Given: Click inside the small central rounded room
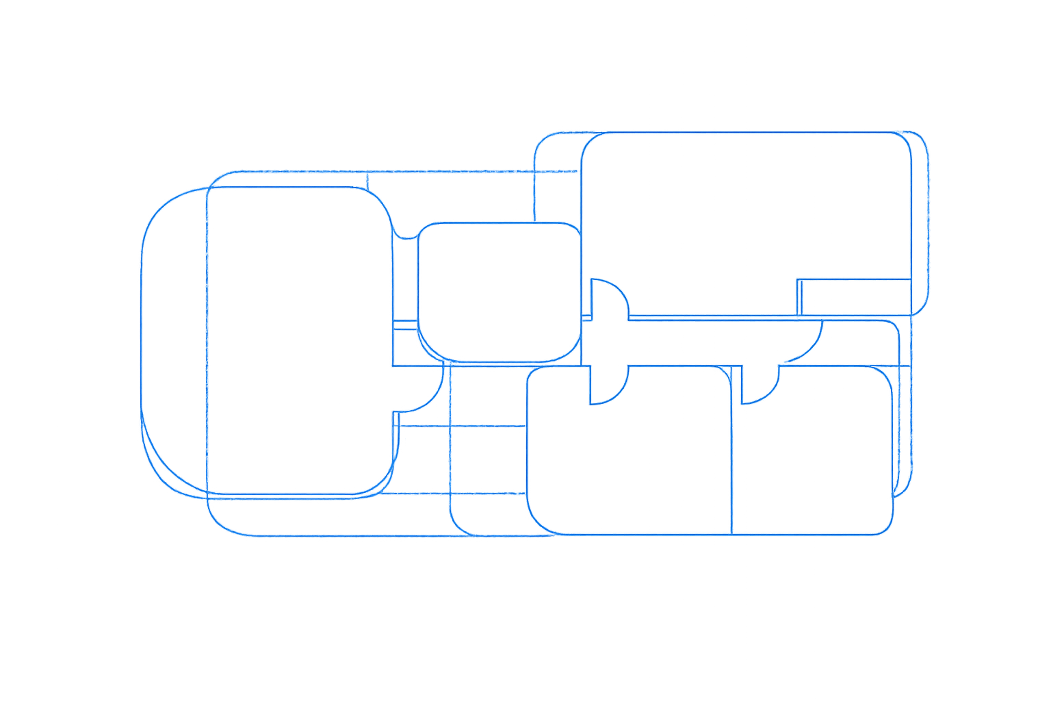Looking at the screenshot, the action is click(x=499, y=291).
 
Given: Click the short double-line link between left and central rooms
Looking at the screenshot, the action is click(x=405, y=324).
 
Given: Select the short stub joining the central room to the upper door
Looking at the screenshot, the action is click(x=586, y=318).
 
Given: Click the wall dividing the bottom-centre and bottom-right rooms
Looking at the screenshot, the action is click(x=732, y=452).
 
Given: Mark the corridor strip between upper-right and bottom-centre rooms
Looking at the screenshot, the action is click(x=684, y=342).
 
